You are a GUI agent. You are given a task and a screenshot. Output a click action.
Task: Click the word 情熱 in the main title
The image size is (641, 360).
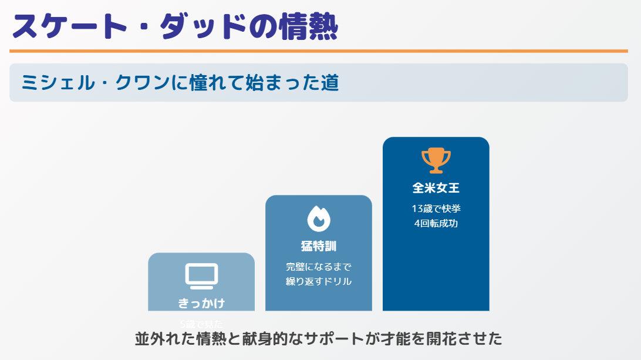tap(303, 26)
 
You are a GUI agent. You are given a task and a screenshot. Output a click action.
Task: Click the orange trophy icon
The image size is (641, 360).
tap(436, 160)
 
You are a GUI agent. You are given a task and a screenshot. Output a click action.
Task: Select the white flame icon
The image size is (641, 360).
tap(319, 218)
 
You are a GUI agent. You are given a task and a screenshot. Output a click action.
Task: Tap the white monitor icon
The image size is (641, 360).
tap(201, 275)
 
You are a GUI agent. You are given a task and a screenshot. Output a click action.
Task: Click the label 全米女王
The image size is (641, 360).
tap(436, 189)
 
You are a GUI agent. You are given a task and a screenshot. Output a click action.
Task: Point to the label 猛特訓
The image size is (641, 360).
tap(319, 246)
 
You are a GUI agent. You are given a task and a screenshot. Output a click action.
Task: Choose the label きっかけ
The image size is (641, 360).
tap(201, 303)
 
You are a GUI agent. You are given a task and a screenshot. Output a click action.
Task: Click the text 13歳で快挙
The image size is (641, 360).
tap(436, 209)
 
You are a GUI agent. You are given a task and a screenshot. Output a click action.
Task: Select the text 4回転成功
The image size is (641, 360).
tap(436, 224)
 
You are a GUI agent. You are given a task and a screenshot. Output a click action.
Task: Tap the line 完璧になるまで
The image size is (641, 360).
tap(319, 267)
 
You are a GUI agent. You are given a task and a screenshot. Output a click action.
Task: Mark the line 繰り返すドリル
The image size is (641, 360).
tap(319, 281)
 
